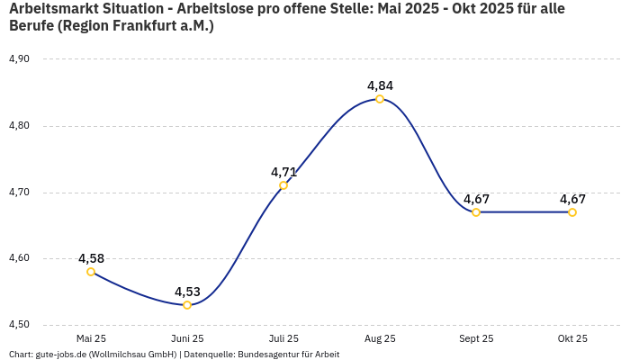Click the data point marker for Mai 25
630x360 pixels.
[91, 272]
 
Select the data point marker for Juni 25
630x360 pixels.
[187, 305]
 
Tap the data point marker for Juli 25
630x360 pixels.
[283, 185]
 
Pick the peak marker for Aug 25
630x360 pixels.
[380, 99]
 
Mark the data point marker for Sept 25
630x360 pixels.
[476, 212]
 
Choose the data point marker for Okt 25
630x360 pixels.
[572, 212]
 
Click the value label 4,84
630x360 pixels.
[380, 85]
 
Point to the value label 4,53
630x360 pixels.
[187, 292]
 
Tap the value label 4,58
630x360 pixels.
[91, 258]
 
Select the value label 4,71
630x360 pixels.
[283, 172]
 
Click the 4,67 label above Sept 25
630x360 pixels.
[476, 199]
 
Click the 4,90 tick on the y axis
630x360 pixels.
[19, 59]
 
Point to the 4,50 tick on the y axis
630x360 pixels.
[19, 325]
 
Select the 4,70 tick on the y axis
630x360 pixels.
[19, 193]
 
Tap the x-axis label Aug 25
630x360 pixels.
[380, 338]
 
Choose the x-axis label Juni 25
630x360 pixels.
[187, 338]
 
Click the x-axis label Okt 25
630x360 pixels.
[572, 338]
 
